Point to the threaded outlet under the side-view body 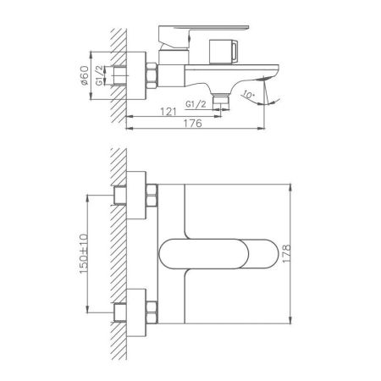(x=221, y=100)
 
